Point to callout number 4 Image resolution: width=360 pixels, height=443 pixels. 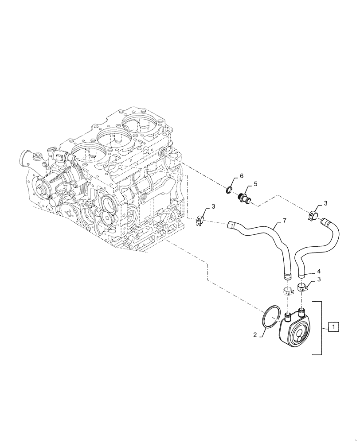point(319,272)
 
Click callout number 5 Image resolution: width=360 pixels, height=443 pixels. point(255,183)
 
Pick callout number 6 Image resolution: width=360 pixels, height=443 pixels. point(242,176)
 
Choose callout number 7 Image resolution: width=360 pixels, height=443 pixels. point(284,221)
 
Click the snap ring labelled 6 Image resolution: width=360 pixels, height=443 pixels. point(230,190)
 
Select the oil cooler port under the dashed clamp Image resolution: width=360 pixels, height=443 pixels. point(287,315)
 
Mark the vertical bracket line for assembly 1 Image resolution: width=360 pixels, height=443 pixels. point(321,327)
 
